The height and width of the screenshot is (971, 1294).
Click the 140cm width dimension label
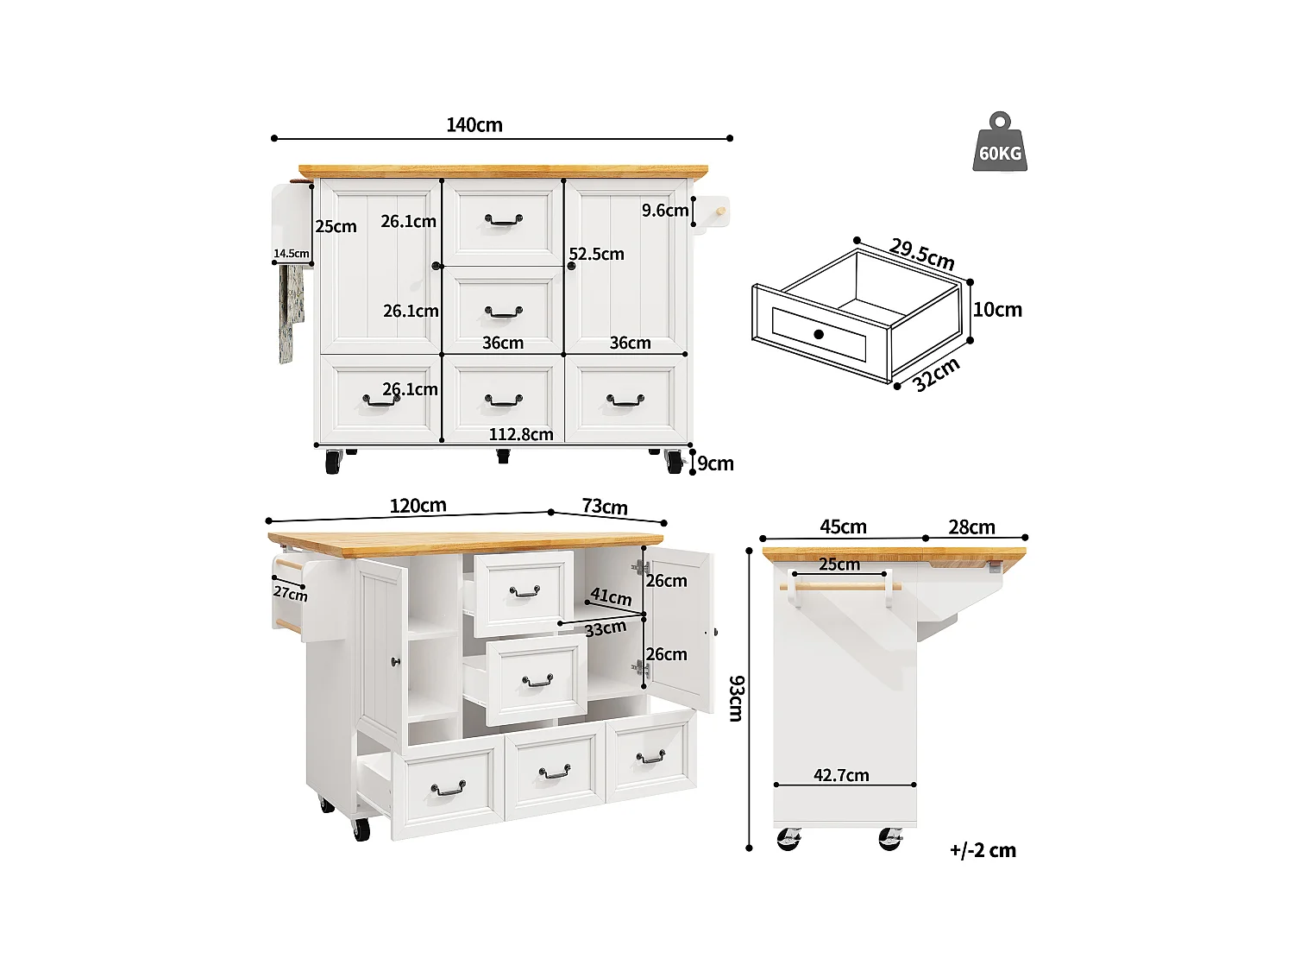click(x=474, y=125)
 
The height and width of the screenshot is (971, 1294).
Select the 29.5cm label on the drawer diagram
click(x=921, y=254)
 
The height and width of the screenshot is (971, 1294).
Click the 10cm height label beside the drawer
click(x=997, y=310)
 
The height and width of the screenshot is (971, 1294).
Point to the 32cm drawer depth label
click(x=936, y=375)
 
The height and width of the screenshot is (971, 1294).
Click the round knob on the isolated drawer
click(x=819, y=334)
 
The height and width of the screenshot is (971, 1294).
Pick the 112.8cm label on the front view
click(x=521, y=434)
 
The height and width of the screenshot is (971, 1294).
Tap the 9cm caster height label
click(x=715, y=463)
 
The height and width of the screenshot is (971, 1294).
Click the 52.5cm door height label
click(x=596, y=254)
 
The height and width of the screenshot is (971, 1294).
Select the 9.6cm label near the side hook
click(x=665, y=211)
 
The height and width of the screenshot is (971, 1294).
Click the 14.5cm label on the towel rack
click(x=292, y=254)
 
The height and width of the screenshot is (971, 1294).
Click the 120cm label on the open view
click(x=418, y=506)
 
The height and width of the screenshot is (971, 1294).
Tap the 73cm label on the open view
click(x=604, y=507)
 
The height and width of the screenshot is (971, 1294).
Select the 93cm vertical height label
click(x=736, y=698)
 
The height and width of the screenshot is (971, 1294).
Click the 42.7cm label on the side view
click(x=841, y=775)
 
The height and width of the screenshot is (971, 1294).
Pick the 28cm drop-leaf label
click(x=971, y=527)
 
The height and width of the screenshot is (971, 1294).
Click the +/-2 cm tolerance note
click(x=983, y=850)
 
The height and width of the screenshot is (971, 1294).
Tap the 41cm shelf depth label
click(x=611, y=596)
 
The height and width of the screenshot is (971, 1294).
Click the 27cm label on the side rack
click(x=291, y=593)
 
